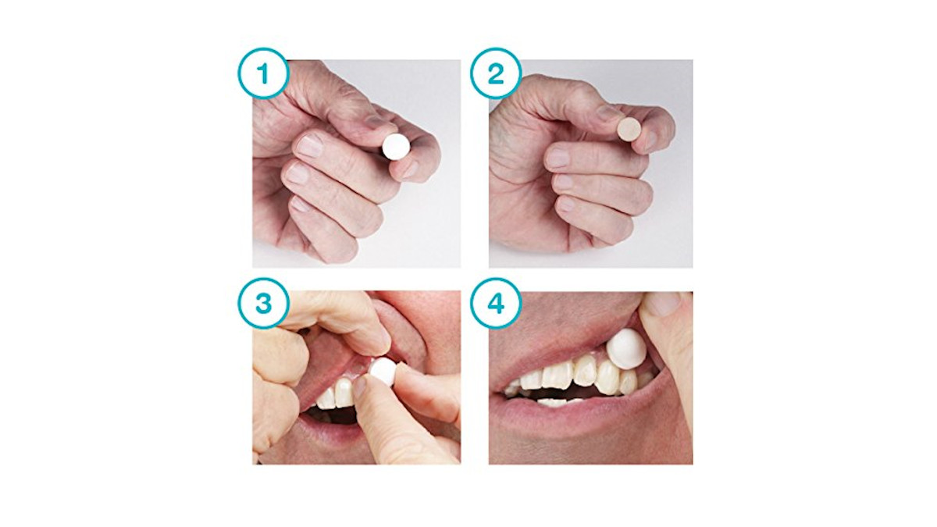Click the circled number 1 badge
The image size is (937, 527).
264,73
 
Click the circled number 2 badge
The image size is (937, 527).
496,73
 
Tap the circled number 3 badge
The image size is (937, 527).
264,303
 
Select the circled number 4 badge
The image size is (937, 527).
496,303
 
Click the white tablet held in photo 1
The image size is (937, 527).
396,147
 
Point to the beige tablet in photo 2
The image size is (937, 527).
629,128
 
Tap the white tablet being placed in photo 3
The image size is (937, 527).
383,372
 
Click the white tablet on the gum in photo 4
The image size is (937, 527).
625,348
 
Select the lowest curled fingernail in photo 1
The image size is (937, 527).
300,204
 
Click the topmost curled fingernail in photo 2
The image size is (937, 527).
557,158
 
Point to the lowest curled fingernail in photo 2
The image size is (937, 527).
565,204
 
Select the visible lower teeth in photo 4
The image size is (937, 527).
553,402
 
